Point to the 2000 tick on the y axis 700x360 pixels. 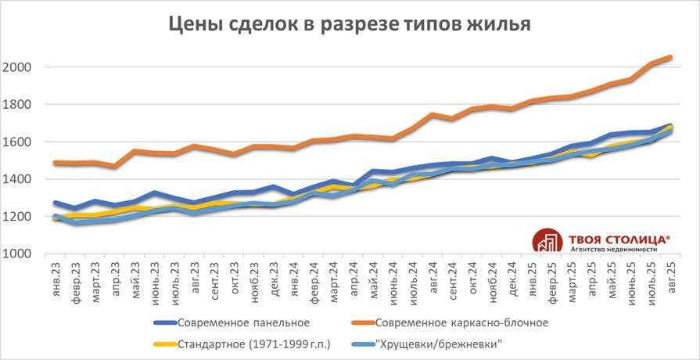16,67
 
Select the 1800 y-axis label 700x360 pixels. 16,105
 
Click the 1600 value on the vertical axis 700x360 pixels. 16,142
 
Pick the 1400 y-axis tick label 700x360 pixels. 16,179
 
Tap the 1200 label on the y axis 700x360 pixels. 16,217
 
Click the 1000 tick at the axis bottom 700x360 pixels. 16,254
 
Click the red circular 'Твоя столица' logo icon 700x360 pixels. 547,242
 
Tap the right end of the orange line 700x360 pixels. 670,57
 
